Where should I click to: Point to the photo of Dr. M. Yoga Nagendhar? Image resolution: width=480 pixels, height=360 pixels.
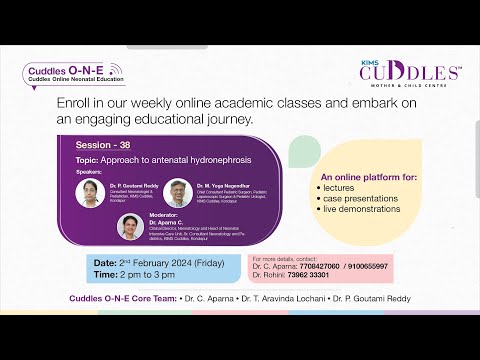178,192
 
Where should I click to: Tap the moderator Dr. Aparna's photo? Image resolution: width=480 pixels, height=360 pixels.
131,226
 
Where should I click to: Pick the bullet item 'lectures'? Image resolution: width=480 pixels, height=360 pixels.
345,188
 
